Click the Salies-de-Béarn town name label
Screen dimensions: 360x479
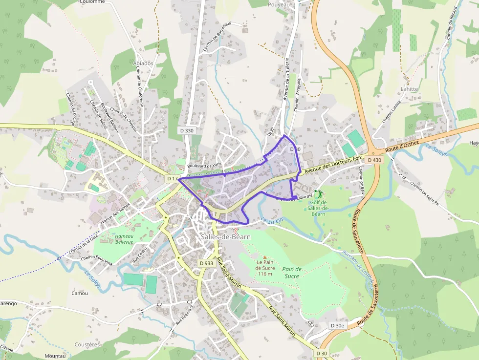225,237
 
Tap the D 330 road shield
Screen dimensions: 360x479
187,130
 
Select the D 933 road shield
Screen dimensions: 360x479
207,263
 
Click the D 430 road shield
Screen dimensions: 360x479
374,160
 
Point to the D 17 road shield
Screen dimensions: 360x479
172,179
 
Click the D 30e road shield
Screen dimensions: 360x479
337,325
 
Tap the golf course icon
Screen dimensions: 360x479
318,194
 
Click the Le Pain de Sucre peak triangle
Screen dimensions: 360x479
265,257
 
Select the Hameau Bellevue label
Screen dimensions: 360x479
124,239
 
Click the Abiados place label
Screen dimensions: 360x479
143,63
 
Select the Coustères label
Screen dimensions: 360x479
87,344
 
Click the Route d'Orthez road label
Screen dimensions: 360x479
402,145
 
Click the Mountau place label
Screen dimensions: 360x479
55,356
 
